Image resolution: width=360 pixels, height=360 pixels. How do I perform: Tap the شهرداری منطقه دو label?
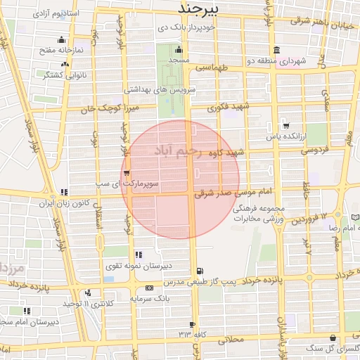point(275,61)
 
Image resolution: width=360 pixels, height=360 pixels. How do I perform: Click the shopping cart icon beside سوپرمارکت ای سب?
point(126,173)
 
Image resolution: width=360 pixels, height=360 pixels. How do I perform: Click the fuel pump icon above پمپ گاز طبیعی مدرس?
point(202,271)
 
